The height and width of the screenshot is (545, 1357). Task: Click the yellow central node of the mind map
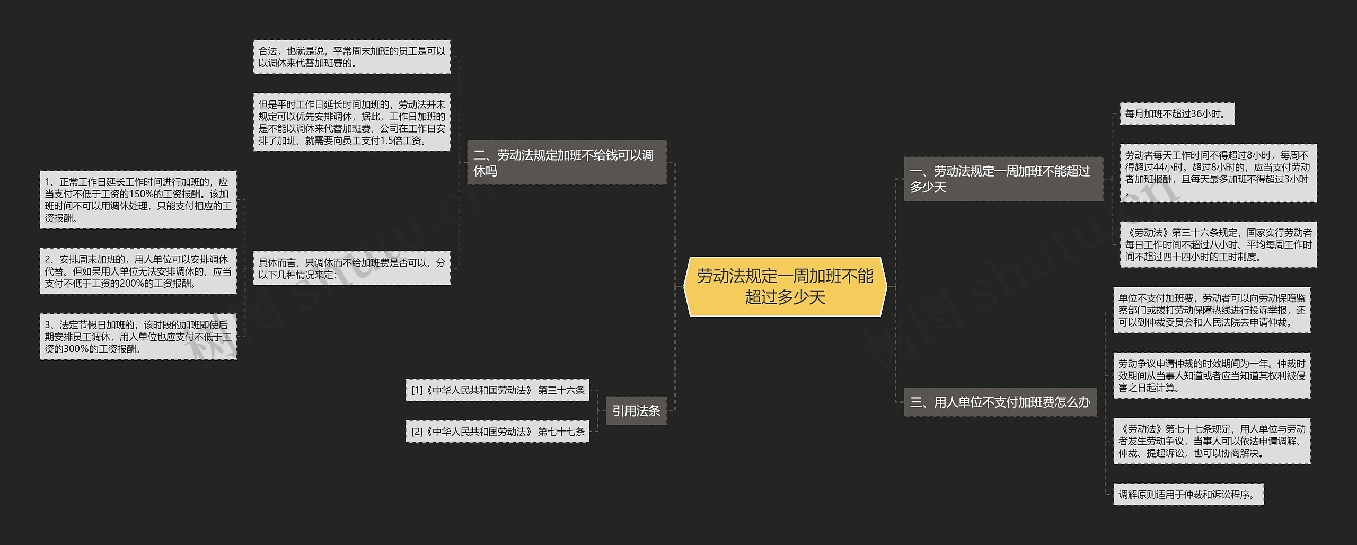tap(785, 286)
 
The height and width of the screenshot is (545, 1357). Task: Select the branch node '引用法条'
tap(636, 411)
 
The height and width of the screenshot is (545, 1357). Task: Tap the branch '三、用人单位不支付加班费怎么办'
tap(1000, 402)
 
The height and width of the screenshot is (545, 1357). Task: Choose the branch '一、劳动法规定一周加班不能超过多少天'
tap(1003, 179)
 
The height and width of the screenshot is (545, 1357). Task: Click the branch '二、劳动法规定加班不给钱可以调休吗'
tap(566, 163)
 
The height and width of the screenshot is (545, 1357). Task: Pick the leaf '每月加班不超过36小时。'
tap(1177, 114)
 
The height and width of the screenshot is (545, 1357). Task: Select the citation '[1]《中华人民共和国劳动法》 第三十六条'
tap(497, 390)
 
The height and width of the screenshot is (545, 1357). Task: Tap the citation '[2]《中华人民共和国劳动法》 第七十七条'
tap(497, 432)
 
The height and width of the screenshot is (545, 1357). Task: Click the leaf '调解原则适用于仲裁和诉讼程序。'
tap(1188, 494)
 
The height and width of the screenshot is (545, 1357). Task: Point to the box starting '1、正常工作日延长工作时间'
tap(138, 200)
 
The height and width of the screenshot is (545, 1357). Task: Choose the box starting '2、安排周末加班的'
tap(138, 271)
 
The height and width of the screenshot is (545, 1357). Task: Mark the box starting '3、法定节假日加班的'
tap(138, 337)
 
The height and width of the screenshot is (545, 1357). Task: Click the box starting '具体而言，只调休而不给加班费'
tap(351, 268)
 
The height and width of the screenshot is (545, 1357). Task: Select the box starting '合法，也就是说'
tap(351, 57)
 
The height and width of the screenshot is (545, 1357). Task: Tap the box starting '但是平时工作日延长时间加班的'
tap(351, 122)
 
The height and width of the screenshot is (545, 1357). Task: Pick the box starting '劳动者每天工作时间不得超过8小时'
tap(1218, 173)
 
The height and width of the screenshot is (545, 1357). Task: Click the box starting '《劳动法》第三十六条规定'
tap(1218, 244)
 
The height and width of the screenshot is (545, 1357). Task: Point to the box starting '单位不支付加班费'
tap(1212, 310)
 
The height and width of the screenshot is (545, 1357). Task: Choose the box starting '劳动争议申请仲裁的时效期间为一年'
tap(1212, 375)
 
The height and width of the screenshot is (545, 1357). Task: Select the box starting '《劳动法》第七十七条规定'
tap(1212, 441)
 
